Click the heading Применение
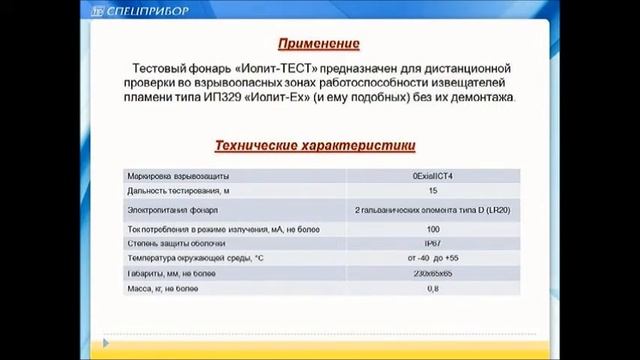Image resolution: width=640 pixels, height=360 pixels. (318, 45)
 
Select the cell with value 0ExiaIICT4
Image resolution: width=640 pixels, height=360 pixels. (432, 175)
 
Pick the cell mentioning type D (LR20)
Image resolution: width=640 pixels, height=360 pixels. (432, 211)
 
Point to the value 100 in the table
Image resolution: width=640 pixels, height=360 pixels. (432, 229)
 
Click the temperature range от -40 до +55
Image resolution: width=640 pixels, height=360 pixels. (432, 258)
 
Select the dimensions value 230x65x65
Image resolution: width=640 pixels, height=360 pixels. (432, 273)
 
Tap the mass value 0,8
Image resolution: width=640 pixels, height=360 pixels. (432, 289)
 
